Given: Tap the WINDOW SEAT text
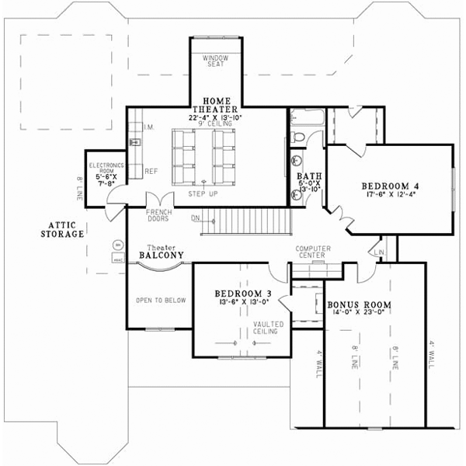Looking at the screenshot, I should pyautogui.click(x=214, y=61).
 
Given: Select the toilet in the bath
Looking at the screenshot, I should pyautogui.click(x=300, y=137).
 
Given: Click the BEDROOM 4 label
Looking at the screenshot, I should pyautogui.click(x=390, y=186).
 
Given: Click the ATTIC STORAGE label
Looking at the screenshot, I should pyautogui.click(x=64, y=229).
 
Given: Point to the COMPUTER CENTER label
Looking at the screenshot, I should pyautogui.click(x=314, y=252).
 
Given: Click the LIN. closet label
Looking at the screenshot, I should pyautogui.click(x=379, y=253).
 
